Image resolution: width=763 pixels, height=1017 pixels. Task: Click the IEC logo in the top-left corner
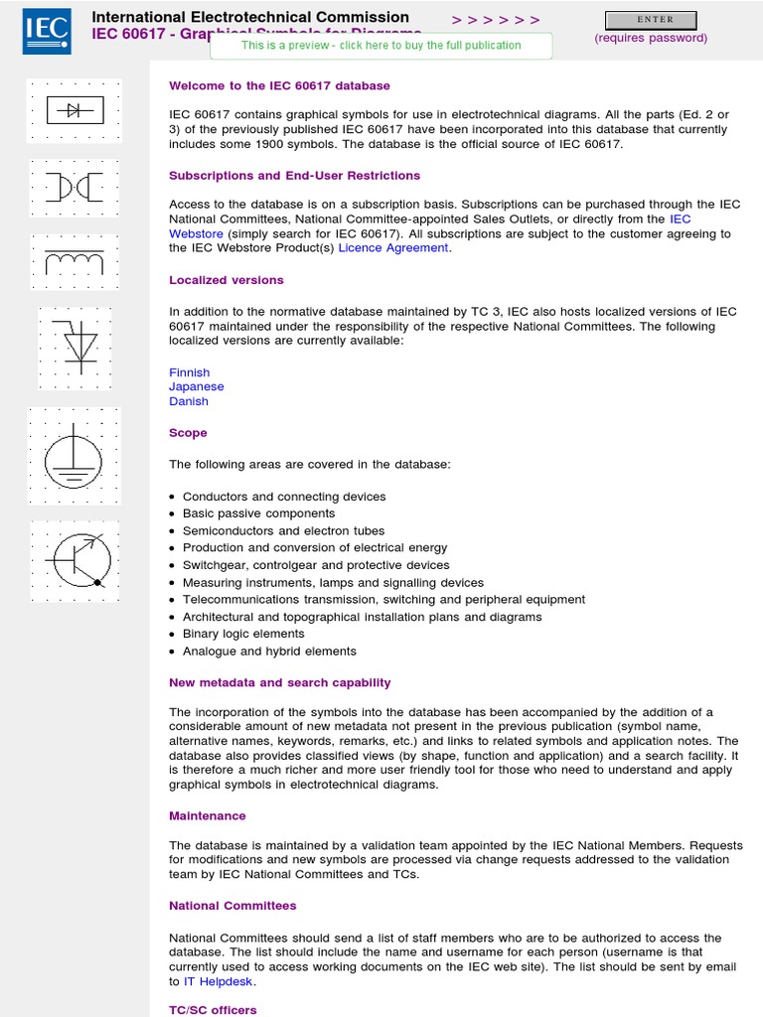point(47,32)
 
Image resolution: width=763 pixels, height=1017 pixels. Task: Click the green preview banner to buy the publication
point(381,46)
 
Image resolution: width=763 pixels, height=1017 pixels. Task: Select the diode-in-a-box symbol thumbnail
point(75,110)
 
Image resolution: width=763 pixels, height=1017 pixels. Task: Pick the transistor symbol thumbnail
point(76,560)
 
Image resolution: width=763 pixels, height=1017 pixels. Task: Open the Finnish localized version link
point(189,372)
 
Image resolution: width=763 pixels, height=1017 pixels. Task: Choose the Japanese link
point(197,386)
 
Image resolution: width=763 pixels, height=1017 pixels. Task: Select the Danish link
point(189,401)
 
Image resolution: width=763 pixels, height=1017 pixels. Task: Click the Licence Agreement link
point(393,247)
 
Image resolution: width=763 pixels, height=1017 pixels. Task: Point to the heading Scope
point(188,433)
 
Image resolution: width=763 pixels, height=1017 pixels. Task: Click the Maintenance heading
point(208,815)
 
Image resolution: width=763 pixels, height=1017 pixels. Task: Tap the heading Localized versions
point(227,280)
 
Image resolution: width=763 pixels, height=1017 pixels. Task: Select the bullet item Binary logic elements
point(243,634)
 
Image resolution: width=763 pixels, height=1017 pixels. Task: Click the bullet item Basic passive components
point(258,513)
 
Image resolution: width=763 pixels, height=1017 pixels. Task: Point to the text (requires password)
point(651,38)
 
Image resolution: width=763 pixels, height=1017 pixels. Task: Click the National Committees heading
point(232,906)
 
